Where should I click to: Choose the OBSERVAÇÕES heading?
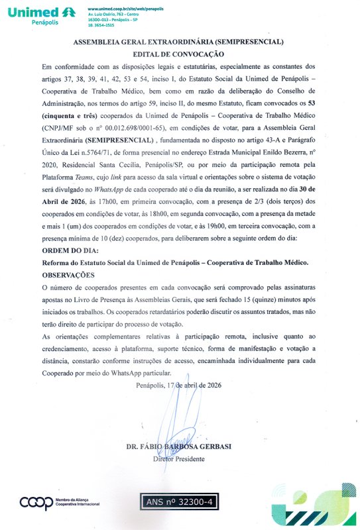(69, 274)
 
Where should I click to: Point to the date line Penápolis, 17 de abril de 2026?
(179, 385)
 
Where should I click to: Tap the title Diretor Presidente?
(179, 458)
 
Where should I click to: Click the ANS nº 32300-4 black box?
(179, 502)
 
